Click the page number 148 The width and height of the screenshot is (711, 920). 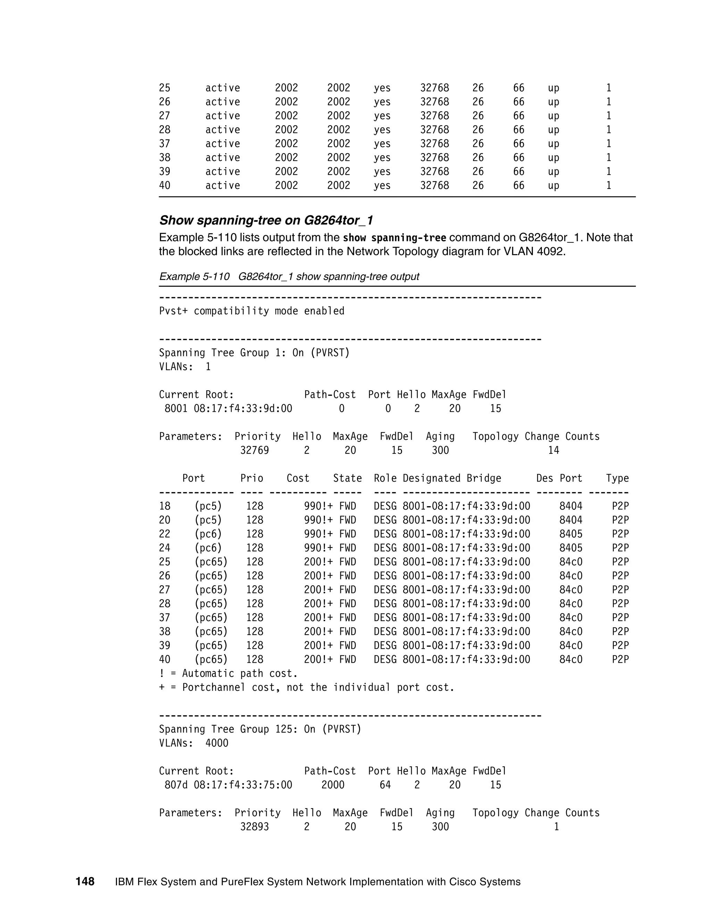coord(85,881)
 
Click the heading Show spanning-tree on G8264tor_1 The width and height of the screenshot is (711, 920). coord(266,220)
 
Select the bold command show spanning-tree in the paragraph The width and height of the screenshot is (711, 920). coord(394,238)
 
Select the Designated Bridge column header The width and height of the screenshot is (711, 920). coord(452,478)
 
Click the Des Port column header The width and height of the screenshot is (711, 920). coord(559,478)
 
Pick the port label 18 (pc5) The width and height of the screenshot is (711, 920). coord(190,506)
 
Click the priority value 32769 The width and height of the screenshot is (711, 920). coord(254,450)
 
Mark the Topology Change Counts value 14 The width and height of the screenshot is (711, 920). coord(553,450)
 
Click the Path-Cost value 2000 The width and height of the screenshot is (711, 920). coord(333,785)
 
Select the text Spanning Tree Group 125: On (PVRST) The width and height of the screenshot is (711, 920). coord(260,729)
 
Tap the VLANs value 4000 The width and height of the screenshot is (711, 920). coord(217,743)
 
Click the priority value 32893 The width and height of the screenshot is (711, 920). coord(254,827)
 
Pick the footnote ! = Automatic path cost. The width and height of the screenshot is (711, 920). coord(228,673)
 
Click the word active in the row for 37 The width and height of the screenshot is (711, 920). coord(223,144)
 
